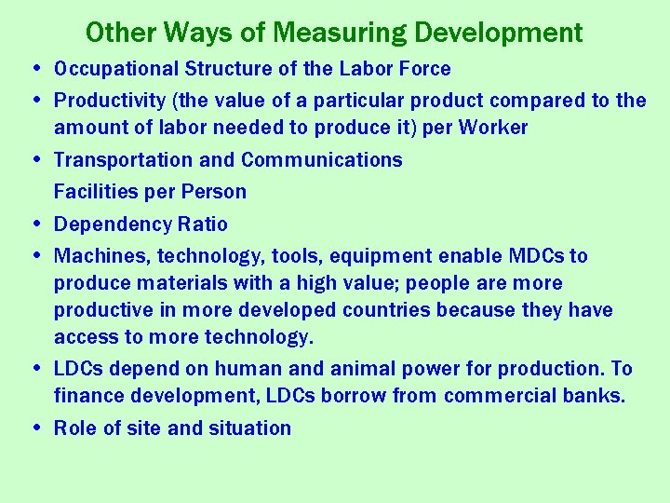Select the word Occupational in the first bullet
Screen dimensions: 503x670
point(115,69)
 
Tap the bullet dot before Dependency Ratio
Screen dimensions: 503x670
point(35,224)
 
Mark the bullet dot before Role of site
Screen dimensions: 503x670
point(35,428)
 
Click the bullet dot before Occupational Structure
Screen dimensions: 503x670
point(35,69)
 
